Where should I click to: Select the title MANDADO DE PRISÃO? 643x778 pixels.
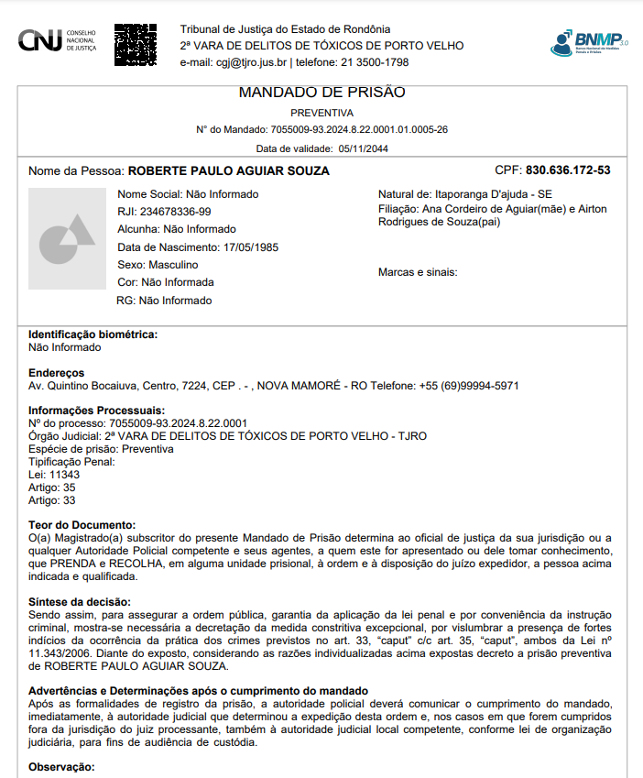pyautogui.click(x=321, y=93)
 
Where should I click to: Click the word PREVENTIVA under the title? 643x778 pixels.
pyautogui.click(x=321, y=113)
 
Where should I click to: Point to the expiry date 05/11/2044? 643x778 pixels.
pyautogui.click(x=363, y=148)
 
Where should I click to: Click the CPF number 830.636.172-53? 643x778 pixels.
pyautogui.click(x=568, y=170)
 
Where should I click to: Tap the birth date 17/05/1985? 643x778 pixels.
pyautogui.click(x=250, y=247)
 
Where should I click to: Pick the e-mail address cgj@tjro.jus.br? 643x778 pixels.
pyautogui.click(x=251, y=62)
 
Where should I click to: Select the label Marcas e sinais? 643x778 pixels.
pyautogui.click(x=418, y=272)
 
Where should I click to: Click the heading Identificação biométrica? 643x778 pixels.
pyautogui.click(x=93, y=334)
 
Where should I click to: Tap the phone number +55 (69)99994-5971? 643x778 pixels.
pyautogui.click(x=469, y=386)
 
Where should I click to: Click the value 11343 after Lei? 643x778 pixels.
pyautogui.click(x=64, y=475)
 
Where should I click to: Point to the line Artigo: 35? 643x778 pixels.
pyautogui.click(x=52, y=488)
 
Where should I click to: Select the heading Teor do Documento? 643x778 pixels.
pyautogui.click(x=82, y=524)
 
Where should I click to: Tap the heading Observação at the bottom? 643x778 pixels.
pyautogui.click(x=61, y=766)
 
